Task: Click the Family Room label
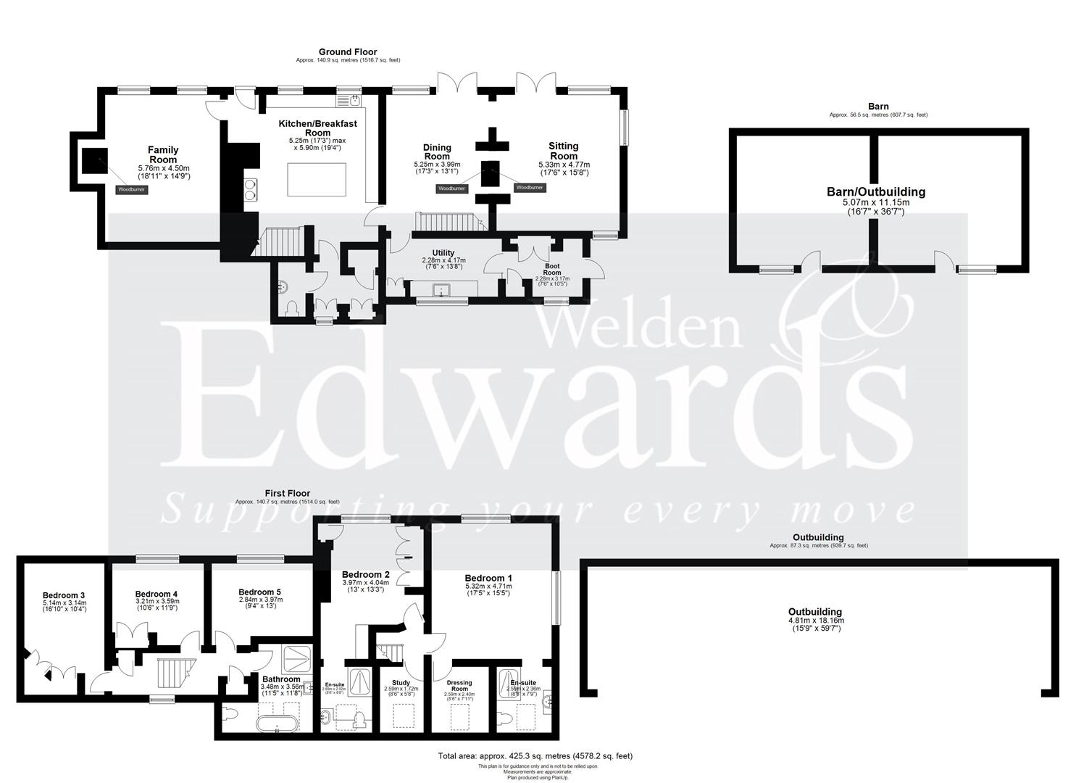(163, 154)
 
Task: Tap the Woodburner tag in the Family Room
(130, 190)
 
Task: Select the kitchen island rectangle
(317, 180)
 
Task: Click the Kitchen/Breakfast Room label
(317, 128)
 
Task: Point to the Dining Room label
(437, 152)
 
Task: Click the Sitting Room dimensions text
(564, 169)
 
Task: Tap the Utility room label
(443, 253)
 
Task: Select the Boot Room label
(552, 269)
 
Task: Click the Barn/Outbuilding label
(876, 192)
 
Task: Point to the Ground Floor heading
(348, 52)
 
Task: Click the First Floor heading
(287, 494)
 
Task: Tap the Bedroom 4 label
(157, 594)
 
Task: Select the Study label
(401, 683)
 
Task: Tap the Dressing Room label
(459, 686)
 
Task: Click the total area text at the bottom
(535, 755)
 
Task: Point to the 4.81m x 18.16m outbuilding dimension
(815, 621)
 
